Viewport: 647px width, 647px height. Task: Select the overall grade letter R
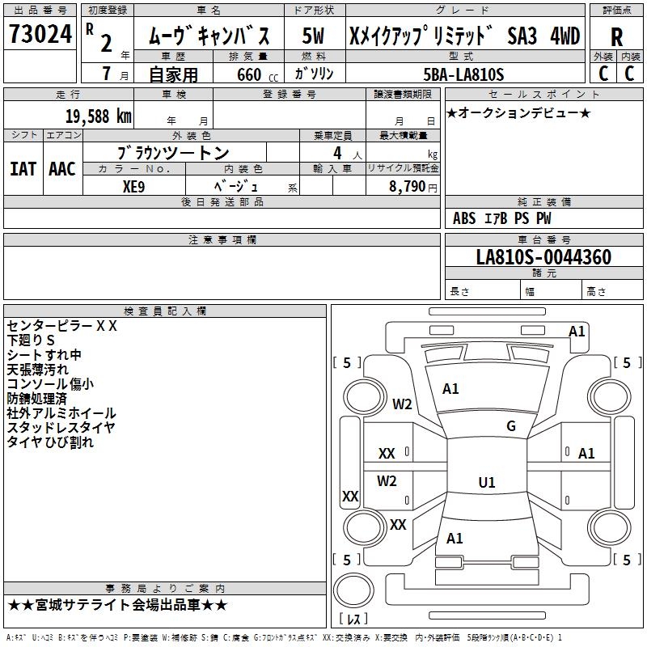pos(616,37)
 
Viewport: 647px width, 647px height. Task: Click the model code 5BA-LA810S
pos(463,74)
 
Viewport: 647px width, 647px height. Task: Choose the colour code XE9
pos(133,184)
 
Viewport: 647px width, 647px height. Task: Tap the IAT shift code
pos(23,168)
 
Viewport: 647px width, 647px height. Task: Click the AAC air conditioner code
pos(61,168)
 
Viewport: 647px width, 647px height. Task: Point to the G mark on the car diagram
pos(511,426)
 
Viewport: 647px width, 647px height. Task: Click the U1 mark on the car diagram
pos(486,483)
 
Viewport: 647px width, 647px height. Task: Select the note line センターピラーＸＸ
pos(62,326)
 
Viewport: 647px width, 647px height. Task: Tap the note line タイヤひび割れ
pos(51,442)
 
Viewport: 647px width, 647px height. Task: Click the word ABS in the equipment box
pos(464,218)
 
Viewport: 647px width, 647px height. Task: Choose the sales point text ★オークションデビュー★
pos(518,112)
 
